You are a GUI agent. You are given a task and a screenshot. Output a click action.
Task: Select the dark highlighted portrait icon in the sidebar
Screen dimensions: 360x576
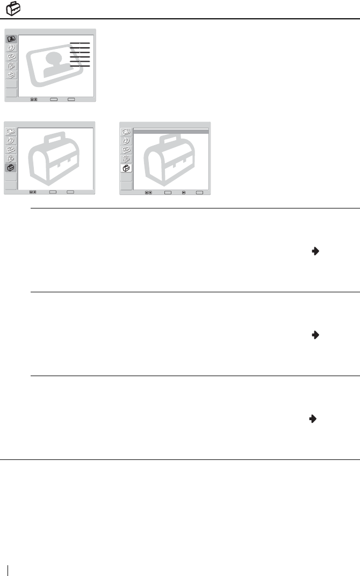11,39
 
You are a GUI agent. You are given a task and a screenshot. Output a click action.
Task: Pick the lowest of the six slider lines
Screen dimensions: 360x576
80,66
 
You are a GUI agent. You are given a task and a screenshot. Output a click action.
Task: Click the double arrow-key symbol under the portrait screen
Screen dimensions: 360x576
33,99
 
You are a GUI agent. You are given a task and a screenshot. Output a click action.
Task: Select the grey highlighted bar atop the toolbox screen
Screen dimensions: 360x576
170,131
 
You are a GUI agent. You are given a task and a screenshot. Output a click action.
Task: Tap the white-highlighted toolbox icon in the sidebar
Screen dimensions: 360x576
126,168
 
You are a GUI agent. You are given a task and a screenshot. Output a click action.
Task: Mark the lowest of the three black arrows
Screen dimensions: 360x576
312,417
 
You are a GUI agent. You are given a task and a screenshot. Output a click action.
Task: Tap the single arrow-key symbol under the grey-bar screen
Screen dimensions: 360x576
184,192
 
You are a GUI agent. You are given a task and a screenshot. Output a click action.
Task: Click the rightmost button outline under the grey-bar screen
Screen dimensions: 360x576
200,192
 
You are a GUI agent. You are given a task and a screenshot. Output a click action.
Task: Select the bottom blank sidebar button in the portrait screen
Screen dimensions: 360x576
11,92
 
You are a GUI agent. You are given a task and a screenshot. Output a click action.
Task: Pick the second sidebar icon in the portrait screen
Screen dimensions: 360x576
11,48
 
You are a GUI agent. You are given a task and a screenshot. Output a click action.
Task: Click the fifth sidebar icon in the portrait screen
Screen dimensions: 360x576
11,75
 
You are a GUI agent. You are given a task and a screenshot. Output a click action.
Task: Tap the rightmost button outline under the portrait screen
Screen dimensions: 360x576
71,99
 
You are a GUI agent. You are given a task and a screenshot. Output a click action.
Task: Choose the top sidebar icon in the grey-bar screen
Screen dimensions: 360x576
126,132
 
